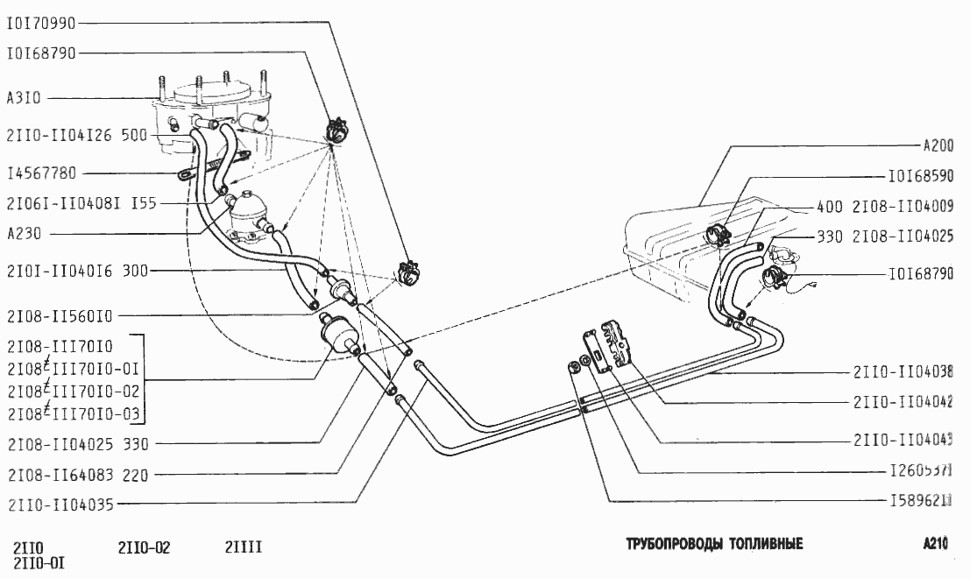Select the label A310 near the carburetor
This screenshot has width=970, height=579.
(24, 98)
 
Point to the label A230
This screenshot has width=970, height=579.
(24, 234)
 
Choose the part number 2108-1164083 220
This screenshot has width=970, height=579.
(77, 476)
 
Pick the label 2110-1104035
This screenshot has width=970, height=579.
(60, 505)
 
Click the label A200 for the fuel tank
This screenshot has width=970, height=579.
(938, 146)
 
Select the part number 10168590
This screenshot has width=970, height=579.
(921, 175)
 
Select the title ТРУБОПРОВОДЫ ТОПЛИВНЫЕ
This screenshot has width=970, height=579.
(714, 544)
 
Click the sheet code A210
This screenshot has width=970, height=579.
(936, 544)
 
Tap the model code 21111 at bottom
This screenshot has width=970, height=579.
(244, 548)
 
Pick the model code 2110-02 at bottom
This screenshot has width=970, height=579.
(144, 548)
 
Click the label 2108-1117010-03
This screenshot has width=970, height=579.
(73, 413)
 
